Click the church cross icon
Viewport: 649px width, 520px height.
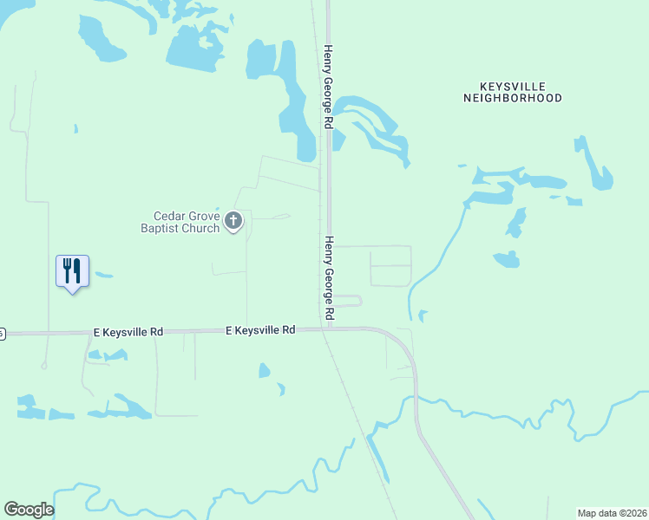pyautogui.click(x=233, y=222)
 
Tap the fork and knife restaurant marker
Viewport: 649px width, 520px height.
pyautogui.click(x=72, y=271)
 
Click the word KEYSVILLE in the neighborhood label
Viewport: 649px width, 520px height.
pyautogui.click(x=512, y=87)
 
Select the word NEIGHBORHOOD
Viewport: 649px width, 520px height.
pyautogui.click(x=512, y=99)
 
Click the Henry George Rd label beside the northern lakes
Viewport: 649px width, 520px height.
pyautogui.click(x=329, y=87)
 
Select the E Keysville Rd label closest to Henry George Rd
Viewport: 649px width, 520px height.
pyautogui.click(x=260, y=330)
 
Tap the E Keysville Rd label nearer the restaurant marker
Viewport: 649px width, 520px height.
pyautogui.click(x=128, y=332)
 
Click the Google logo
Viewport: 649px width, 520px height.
pyautogui.click(x=29, y=510)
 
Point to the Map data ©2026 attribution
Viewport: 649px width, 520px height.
pyautogui.click(x=612, y=513)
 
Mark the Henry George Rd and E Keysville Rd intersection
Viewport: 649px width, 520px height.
pyautogui.click(x=329, y=329)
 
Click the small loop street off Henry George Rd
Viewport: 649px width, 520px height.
pyautogui.click(x=351, y=301)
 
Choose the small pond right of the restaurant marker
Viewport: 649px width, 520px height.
pyautogui.click(x=104, y=276)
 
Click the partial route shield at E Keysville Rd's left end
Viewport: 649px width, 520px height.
pyautogui.click(x=2, y=333)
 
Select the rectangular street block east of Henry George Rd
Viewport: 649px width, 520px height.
pyautogui.click(x=390, y=266)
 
